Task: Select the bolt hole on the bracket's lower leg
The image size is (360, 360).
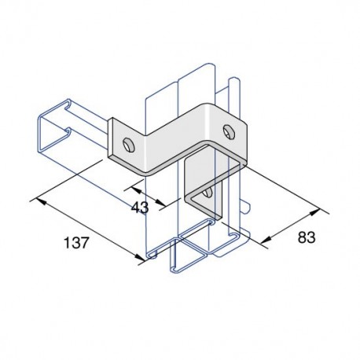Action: point(206,190)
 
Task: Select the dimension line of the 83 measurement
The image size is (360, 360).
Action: point(292,226)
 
